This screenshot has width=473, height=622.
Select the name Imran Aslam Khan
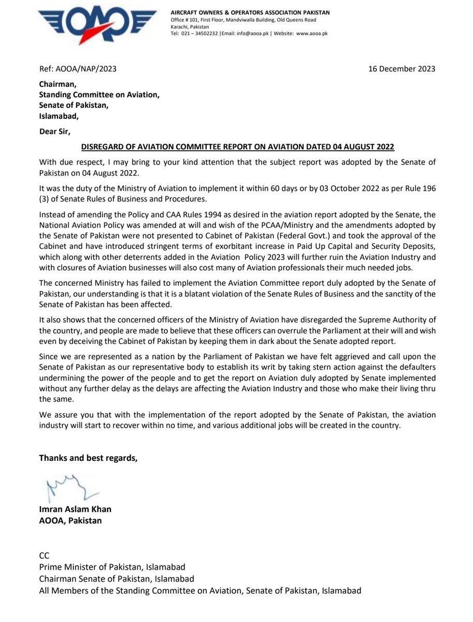tap(75, 509)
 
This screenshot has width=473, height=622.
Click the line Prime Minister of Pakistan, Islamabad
tap(112, 567)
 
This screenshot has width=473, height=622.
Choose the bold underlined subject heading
tap(238, 147)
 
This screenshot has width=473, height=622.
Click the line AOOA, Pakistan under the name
tap(70, 520)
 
